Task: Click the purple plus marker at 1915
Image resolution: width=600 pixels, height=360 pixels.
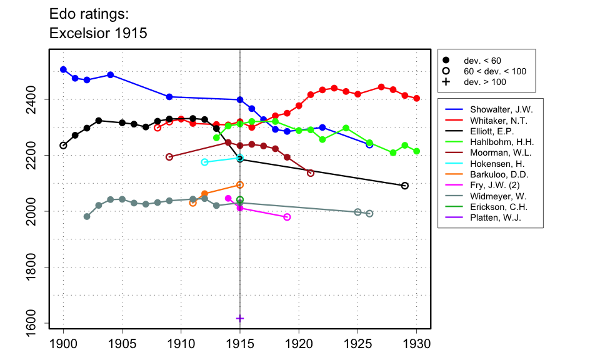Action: pos(240,318)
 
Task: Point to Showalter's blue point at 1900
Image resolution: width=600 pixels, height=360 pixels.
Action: pos(63,69)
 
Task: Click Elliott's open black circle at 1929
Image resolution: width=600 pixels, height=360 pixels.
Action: pos(405,186)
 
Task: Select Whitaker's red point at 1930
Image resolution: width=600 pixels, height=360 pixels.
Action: pos(417,98)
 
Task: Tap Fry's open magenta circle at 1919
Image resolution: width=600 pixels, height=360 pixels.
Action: pos(287,217)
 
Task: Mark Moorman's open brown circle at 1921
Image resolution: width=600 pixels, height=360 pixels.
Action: pos(311,173)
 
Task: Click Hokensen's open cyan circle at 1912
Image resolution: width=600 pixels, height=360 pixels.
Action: pos(204,162)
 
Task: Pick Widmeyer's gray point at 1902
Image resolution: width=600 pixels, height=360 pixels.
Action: pos(87,216)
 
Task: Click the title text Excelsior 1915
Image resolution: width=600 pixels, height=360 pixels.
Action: pos(98,33)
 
